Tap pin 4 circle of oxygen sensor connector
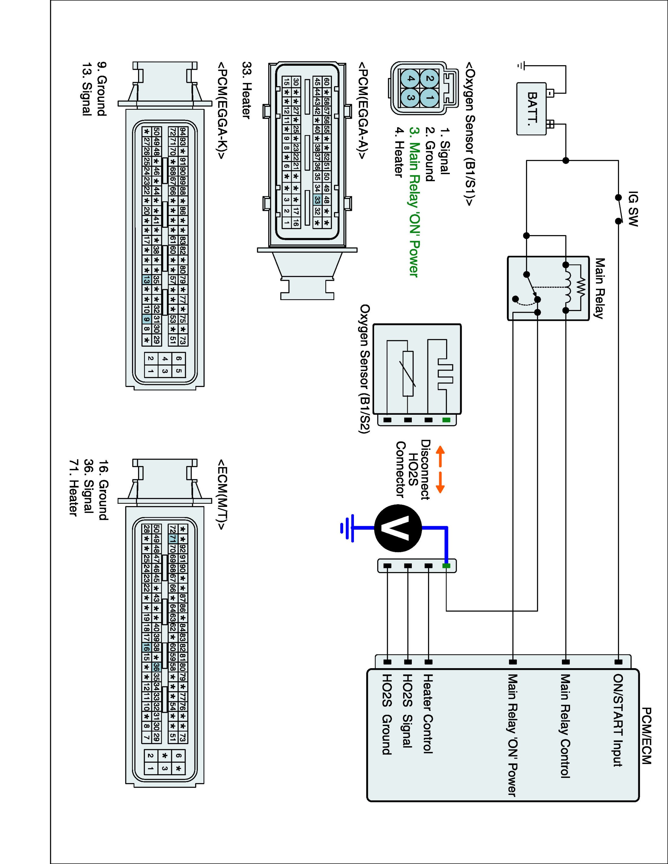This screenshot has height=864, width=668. (410, 78)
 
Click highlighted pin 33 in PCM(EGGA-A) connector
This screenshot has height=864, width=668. (317, 200)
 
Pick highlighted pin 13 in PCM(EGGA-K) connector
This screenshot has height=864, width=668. (146, 280)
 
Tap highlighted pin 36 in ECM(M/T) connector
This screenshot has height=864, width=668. (156, 666)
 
